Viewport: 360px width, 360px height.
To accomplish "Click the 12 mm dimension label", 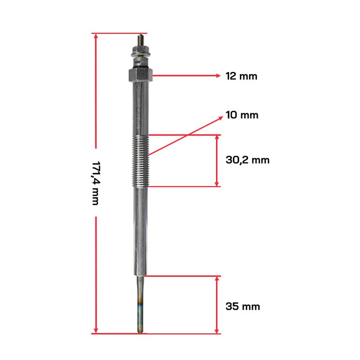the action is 241,76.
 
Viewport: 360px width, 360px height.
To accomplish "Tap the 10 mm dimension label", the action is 242,115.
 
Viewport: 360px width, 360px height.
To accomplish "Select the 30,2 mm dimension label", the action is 247,160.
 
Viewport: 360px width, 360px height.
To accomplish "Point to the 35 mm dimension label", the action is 243,306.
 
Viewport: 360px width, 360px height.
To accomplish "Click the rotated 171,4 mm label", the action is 95,183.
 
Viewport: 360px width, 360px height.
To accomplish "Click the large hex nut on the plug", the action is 140,75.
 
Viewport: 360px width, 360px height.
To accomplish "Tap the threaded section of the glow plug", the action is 141,161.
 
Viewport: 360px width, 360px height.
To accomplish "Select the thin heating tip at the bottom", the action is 140,305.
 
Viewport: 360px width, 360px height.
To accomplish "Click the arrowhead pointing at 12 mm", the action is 218,76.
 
